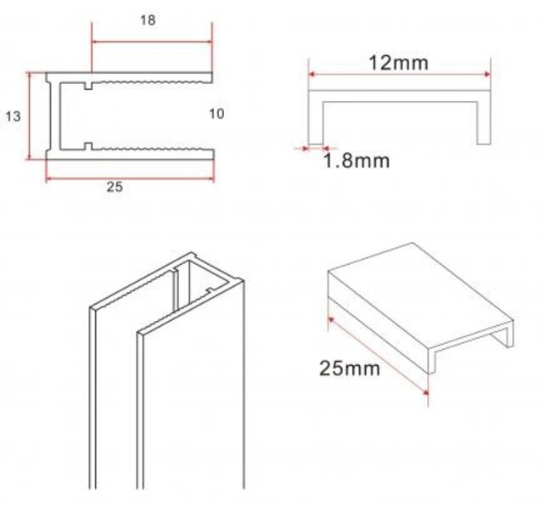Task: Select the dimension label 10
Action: [216, 114]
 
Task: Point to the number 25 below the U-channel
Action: [115, 188]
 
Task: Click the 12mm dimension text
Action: [398, 62]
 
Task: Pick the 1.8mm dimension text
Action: [357, 160]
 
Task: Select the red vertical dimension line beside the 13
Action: [30, 115]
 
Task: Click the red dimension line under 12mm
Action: [399, 76]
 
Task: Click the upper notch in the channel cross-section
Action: [88, 84]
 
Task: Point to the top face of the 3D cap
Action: [407, 289]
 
